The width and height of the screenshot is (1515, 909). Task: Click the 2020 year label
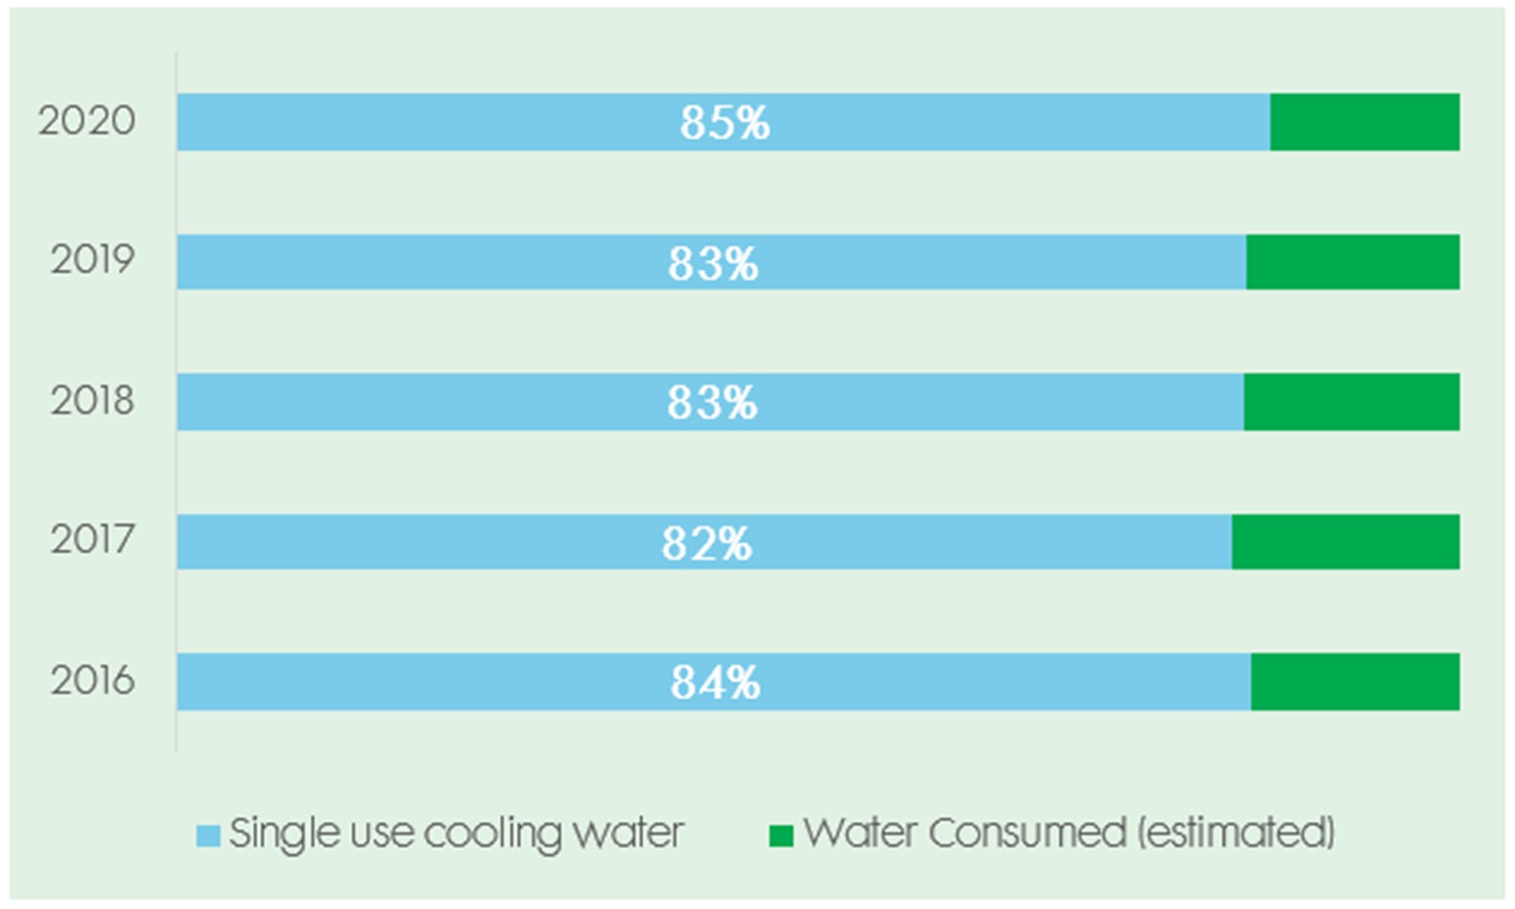(x=87, y=121)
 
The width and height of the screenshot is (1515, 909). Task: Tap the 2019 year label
(x=93, y=261)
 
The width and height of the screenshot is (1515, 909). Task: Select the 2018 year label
(x=93, y=401)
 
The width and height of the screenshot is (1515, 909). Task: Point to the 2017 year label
(x=93, y=540)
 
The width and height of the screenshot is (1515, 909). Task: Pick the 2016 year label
(x=93, y=680)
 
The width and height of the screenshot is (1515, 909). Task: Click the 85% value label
(x=724, y=123)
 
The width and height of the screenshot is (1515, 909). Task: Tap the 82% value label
(x=706, y=543)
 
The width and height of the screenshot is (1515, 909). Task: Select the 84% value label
(x=715, y=683)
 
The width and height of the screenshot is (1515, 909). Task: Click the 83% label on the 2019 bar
(x=713, y=264)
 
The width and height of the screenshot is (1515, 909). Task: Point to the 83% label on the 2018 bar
(x=712, y=403)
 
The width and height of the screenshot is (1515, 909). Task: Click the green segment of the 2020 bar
(x=1364, y=122)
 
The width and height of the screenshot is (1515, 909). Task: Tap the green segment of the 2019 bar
(x=1352, y=263)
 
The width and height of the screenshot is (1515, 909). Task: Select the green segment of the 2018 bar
(x=1352, y=402)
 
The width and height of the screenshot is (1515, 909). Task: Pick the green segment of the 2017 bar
(x=1345, y=542)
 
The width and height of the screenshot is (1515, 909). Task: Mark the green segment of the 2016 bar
(x=1354, y=681)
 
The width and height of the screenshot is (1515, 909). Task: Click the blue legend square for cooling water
(x=208, y=836)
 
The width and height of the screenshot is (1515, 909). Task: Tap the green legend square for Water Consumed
(x=780, y=836)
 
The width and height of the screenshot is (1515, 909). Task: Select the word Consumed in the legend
(x=1027, y=833)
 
